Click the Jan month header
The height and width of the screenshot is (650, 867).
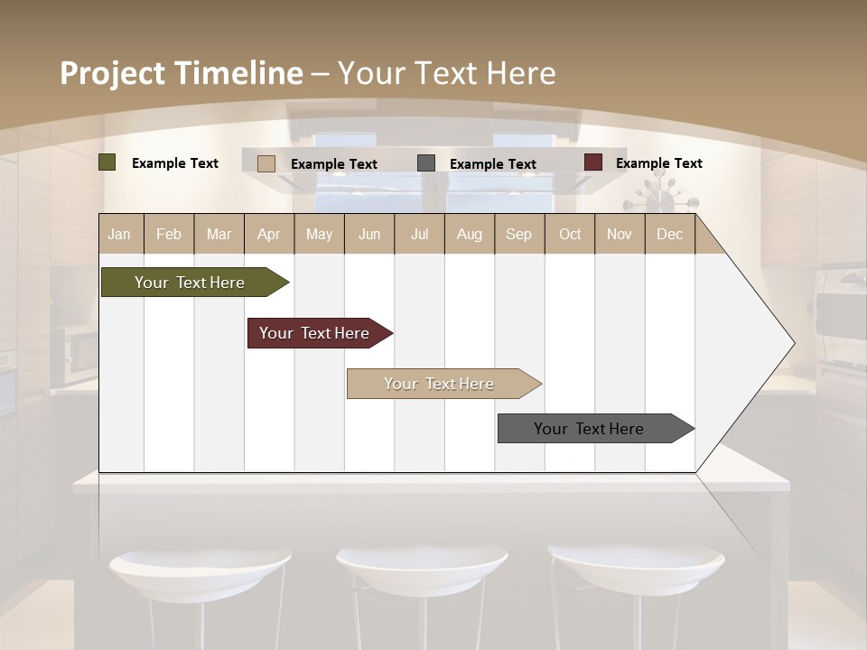[119, 234]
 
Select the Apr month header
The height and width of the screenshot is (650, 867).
[269, 234]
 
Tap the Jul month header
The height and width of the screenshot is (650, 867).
[419, 234]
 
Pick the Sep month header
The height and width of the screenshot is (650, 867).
[518, 234]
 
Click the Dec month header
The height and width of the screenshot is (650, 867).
[669, 234]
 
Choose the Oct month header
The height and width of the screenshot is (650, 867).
[570, 234]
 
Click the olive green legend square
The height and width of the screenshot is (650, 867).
[107, 162]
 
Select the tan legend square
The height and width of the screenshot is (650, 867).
[266, 163]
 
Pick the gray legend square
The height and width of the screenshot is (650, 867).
[426, 163]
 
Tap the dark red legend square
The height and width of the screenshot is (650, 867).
[593, 162]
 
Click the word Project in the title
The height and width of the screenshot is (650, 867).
[112, 73]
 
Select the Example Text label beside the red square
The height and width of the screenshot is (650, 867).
[658, 162]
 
